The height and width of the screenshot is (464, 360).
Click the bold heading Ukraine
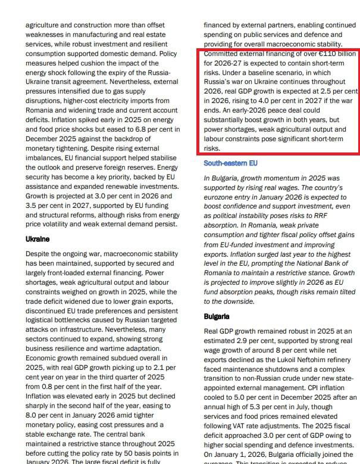click(x=37, y=239)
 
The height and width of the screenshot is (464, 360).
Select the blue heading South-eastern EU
click(x=230, y=163)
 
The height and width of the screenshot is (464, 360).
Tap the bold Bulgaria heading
click(x=217, y=316)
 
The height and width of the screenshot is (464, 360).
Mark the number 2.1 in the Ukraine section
click(x=151, y=368)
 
